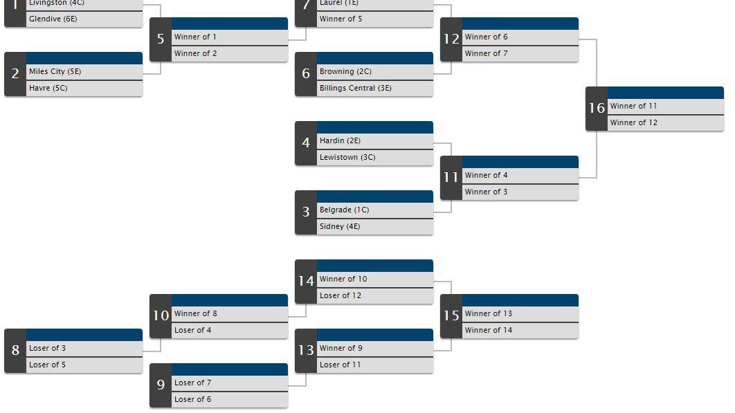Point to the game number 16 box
click(597, 108)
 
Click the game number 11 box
click(451, 177)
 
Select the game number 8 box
click(15, 350)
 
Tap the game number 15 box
click(451, 315)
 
